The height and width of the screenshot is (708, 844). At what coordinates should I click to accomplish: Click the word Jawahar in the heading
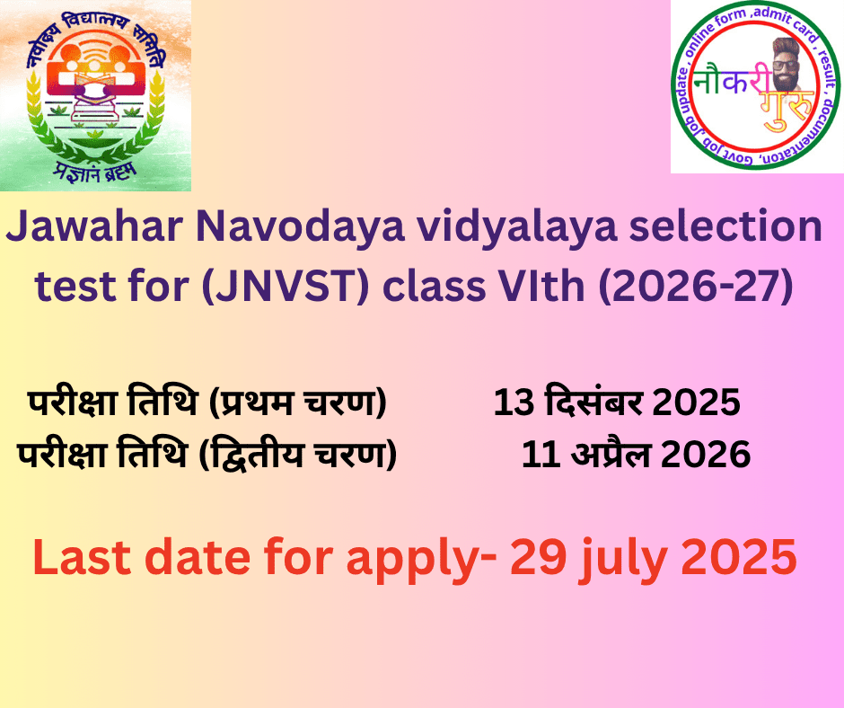pyautogui.click(x=95, y=226)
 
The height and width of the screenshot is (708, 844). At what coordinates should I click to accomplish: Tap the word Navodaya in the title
pyautogui.click(x=301, y=226)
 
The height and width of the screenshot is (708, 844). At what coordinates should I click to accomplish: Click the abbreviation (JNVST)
pyautogui.click(x=286, y=287)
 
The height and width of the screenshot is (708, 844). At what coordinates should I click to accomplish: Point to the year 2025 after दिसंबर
pyautogui.click(x=697, y=402)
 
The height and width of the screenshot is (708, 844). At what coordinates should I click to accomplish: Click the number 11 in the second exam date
pyautogui.click(x=541, y=455)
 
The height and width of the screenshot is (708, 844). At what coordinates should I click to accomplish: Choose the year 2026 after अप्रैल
pyautogui.click(x=706, y=455)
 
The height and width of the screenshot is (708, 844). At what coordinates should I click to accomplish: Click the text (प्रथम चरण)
pyautogui.click(x=298, y=402)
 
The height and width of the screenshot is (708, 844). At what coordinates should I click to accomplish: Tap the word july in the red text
pyautogui.click(x=623, y=561)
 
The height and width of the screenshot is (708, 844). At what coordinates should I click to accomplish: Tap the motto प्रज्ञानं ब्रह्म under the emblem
pyautogui.click(x=95, y=172)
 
